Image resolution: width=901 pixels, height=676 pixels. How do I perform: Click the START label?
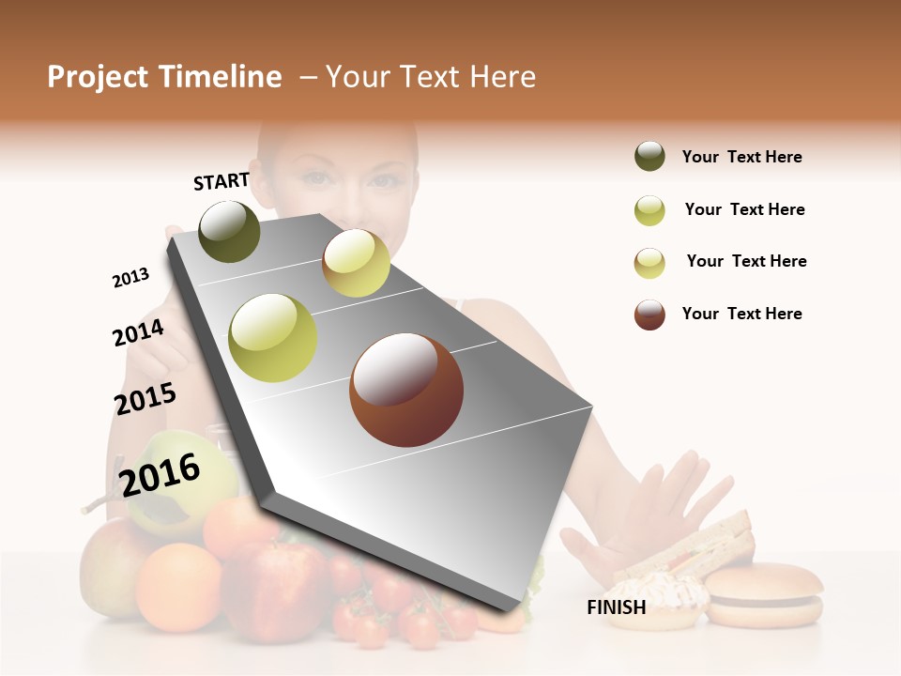point(221,181)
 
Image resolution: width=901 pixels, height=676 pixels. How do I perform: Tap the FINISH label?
point(616,607)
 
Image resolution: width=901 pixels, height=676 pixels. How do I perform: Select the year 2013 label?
point(130,278)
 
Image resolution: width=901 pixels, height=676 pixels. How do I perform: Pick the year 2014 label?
point(138,332)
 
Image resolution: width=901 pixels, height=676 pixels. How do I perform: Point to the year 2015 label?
point(145,399)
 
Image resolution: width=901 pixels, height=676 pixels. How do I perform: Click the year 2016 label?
point(160,474)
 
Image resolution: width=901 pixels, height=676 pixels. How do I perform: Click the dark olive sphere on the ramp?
point(230,231)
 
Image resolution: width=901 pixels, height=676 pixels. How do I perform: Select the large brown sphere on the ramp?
point(405,390)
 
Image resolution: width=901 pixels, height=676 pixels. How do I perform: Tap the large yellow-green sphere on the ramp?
point(273,337)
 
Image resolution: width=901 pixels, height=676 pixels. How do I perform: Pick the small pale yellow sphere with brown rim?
point(356,263)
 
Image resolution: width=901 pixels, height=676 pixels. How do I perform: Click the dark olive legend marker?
point(649,157)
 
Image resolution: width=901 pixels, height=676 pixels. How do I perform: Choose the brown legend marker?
point(649,315)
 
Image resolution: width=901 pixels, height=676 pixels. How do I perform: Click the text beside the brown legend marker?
point(741,314)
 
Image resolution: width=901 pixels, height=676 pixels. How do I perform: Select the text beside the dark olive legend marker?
point(741,157)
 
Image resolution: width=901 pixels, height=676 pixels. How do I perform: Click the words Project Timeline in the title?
point(164,77)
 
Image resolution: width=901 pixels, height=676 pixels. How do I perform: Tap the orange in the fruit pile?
point(178,586)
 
